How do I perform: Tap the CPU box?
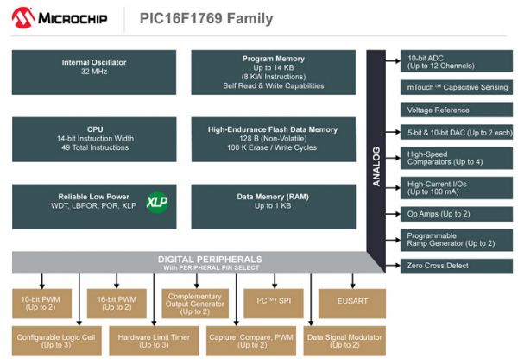pos(94,139)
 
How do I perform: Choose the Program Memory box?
pos(273,72)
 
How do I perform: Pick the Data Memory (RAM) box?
pos(273,202)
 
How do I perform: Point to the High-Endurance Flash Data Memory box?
pos(273,139)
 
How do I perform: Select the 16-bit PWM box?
pos(116,304)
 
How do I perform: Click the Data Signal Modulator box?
pos(344,341)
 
